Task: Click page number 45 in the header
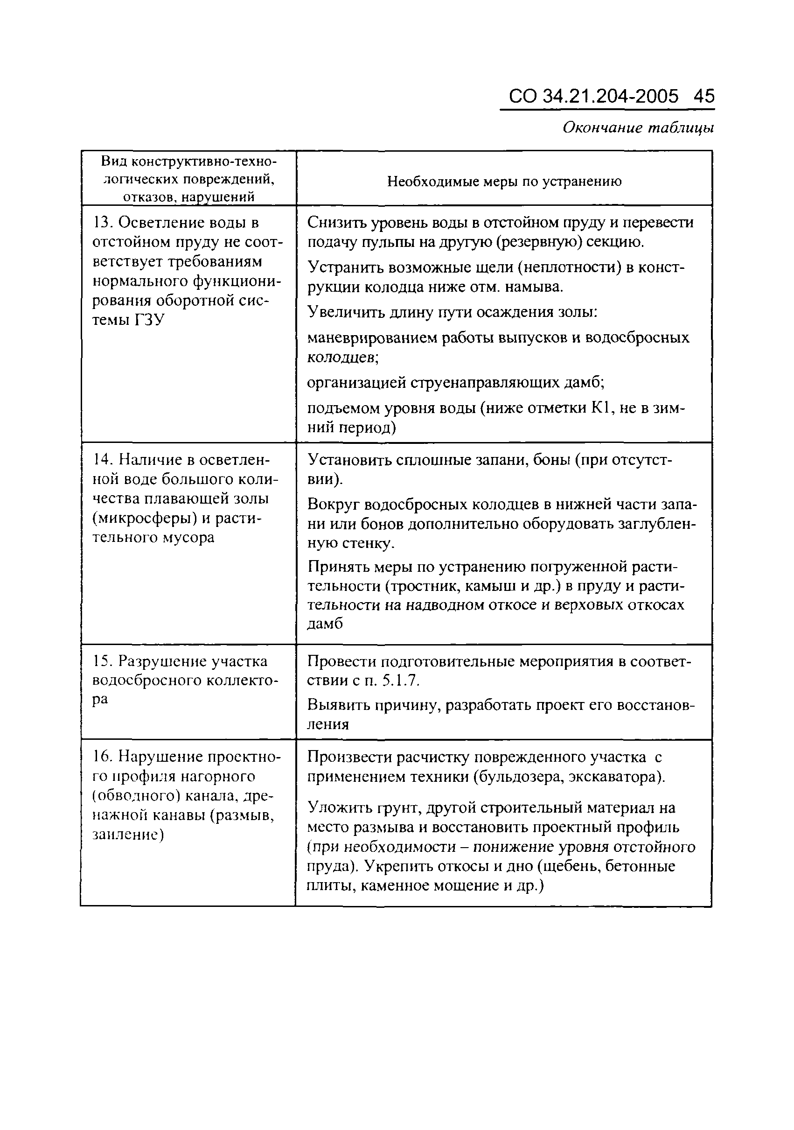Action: pyautogui.click(x=704, y=96)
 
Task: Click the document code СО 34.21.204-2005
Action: pyautogui.click(x=593, y=96)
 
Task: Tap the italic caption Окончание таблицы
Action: pyautogui.click(x=638, y=128)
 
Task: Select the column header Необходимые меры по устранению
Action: pyautogui.click(x=504, y=181)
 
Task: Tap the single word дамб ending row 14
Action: pyautogui.click(x=325, y=624)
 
